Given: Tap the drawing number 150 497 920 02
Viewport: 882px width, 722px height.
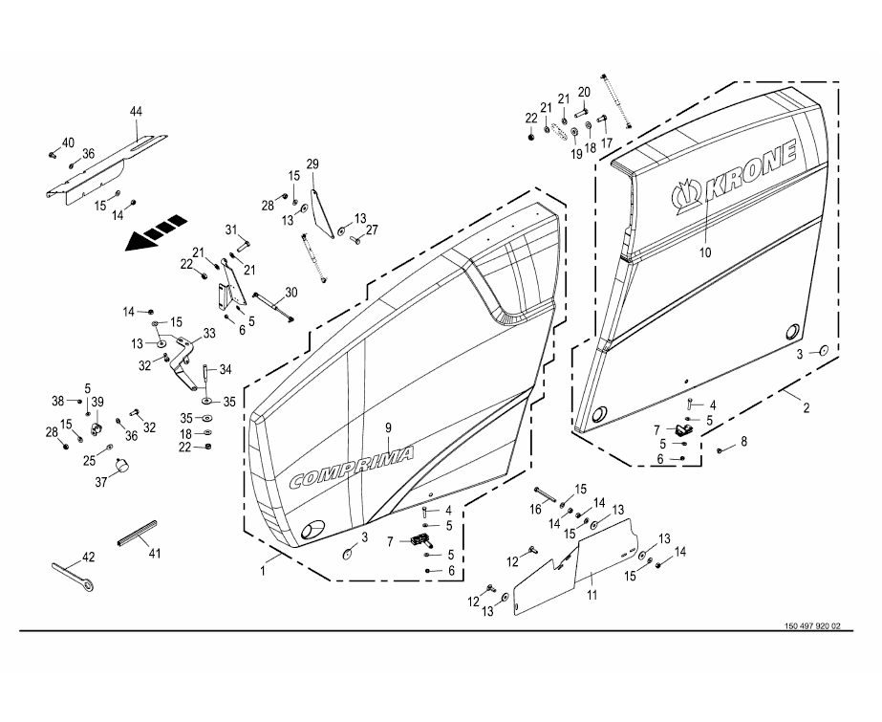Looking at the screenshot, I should pyautogui.click(x=812, y=626).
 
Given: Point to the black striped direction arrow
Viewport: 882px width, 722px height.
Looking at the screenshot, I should pyautogui.click(x=154, y=233).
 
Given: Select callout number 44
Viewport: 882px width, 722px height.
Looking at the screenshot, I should pyautogui.click(x=136, y=112).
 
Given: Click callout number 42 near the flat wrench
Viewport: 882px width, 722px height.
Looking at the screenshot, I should pyautogui.click(x=87, y=557).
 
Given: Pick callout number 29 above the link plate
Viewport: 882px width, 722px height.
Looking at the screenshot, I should pyautogui.click(x=312, y=163).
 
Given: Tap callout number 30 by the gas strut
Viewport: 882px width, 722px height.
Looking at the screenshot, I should pyautogui.click(x=290, y=292).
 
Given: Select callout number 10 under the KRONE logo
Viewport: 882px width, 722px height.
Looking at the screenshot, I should pyautogui.click(x=706, y=254).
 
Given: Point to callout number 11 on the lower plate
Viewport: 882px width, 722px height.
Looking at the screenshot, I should pyautogui.click(x=592, y=596).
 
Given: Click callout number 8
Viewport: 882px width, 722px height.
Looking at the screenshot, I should pyautogui.click(x=744, y=441).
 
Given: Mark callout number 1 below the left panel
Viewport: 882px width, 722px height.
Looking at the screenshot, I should pyautogui.click(x=264, y=570).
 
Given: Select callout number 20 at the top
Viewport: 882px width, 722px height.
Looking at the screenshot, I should pyautogui.click(x=584, y=91).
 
